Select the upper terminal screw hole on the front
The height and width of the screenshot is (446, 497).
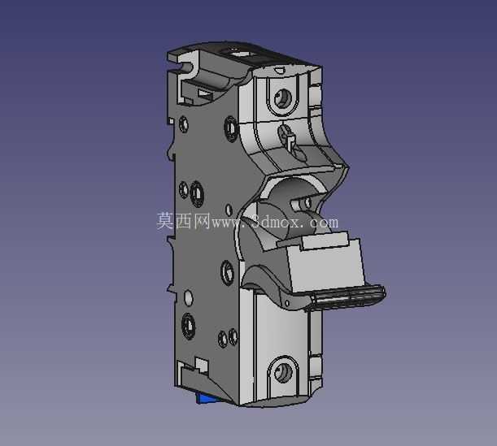[283, 97]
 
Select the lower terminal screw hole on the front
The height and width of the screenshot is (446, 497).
[283, 371]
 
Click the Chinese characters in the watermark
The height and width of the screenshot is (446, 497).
[184, 221]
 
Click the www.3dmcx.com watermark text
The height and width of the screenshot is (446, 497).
[274, 222]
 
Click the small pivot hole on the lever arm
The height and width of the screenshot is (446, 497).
[287, 303]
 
